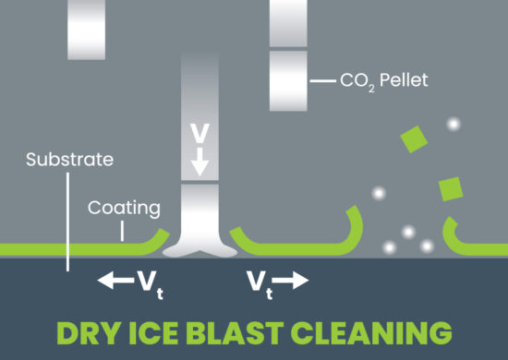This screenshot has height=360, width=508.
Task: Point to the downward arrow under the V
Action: click(x=200, y=164)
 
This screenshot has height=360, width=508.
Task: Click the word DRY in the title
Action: click(x=94, y=331)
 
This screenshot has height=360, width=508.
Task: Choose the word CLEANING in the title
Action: click(x=375, y=331)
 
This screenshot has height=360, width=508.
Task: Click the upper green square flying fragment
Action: click(x=415, y=138)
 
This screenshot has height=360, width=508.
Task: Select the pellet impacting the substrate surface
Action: click(x=200, y=208)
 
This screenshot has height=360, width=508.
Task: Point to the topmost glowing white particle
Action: click(x=453, y=123)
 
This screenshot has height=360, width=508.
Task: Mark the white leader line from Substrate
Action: click(x=67, y=222)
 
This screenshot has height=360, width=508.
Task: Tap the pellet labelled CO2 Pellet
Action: click(x=287, y=81)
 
